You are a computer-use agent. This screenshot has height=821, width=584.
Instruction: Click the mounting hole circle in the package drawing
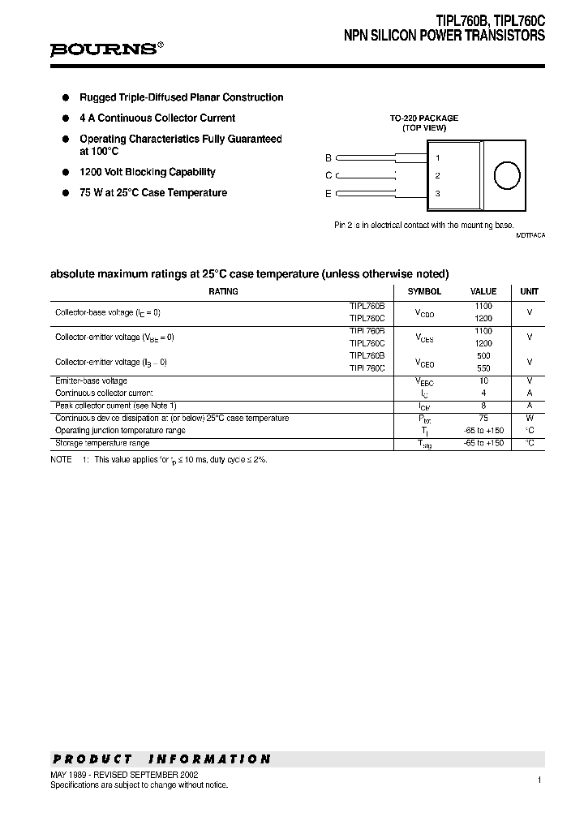click(507, 175)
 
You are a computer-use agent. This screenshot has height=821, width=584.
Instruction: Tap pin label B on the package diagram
click(328, 157)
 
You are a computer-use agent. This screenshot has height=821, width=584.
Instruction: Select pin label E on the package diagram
click(328, 193)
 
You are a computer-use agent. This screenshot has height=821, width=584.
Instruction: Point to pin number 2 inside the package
click(438, 175)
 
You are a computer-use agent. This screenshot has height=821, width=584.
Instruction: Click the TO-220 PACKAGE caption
click(424, 118)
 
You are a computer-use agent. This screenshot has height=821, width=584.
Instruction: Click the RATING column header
click(223, 291)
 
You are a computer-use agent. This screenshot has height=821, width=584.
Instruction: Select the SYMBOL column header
click(424, 291)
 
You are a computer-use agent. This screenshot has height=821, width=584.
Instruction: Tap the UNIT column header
click(529, 291)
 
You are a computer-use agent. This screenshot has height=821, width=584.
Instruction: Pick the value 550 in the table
click(483, 368)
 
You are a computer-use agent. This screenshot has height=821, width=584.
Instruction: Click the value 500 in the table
click(483, 355)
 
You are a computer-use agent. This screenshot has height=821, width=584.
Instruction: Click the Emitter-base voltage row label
click(91, 380)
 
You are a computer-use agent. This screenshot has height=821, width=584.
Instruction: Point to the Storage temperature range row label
click(102, 444)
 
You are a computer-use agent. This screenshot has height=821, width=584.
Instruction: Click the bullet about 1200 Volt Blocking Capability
click(147, 172)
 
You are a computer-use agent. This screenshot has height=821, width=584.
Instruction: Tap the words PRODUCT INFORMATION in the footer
click(161, 759)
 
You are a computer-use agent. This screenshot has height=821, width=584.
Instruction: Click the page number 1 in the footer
click(539, 780)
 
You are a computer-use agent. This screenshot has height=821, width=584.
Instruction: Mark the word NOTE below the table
click(61, 459)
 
